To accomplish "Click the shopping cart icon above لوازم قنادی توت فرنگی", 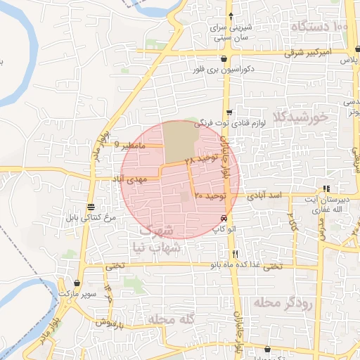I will pyautogui.click(x=229, y=112).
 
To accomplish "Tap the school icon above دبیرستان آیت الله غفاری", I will pyautogui.click(x=326, y=188).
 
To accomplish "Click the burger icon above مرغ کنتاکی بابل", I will pyautogui.click(x=91, y=206).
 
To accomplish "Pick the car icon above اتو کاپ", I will pyautogui.click(x=224, y=218).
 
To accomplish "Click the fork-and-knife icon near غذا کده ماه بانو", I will pyautogui.click(x=236, y=254).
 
